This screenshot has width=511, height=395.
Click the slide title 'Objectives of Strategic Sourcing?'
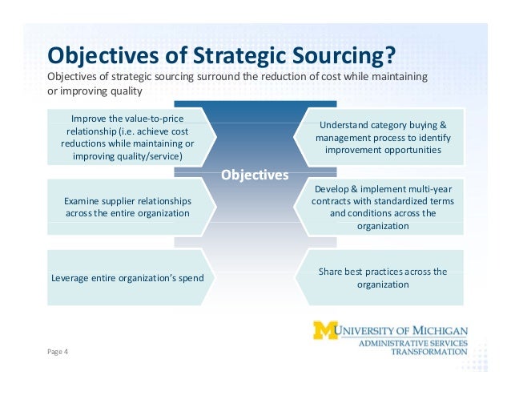[222, 55]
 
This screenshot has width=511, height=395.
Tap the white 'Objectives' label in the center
[255, 175]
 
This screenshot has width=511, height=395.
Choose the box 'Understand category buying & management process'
[383, 138]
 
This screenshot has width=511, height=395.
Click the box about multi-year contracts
[383, 208]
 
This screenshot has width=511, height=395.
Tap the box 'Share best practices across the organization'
[383, 277]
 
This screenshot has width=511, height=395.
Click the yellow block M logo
[325, 330]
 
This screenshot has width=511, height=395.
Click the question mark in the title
[389, 55]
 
